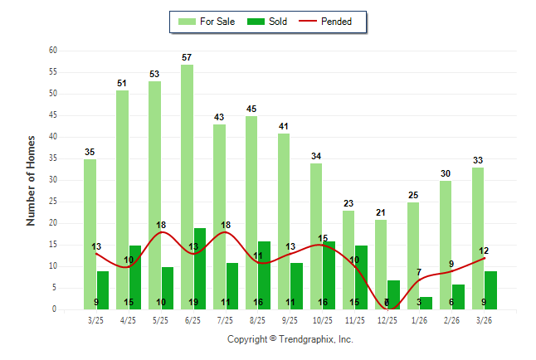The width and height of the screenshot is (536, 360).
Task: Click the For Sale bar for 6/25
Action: (x=187, y=187)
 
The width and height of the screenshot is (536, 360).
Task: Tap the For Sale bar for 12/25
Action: (x=381, y=264)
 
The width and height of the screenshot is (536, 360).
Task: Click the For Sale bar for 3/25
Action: (x=90, y=234)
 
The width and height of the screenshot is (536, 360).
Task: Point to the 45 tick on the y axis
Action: (x=52, y=115)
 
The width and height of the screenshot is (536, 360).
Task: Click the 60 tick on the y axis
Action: (x=52, y=51)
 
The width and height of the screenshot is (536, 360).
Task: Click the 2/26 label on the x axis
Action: (x=451, y=319)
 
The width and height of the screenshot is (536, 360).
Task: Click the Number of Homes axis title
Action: (x=31, y=180)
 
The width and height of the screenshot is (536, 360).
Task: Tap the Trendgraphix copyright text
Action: (x=290, y=339)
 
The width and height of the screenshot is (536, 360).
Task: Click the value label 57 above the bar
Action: (x=187, y=57)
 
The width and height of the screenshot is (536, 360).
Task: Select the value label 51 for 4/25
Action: (x=122, y=83)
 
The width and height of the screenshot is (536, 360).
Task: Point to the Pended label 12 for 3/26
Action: (x=484, y=251)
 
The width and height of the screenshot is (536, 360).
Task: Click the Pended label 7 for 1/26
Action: (x=419, y=272)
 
